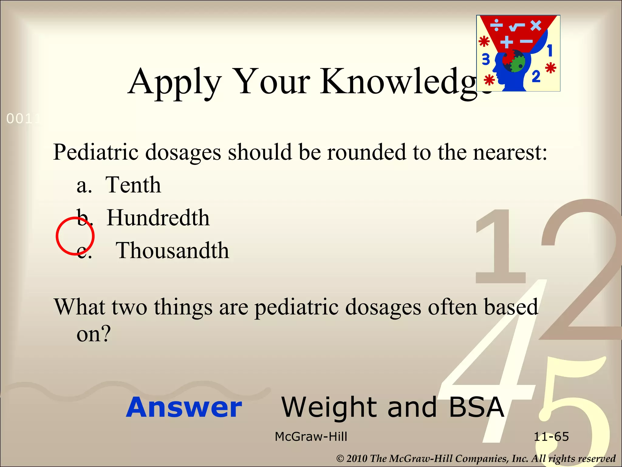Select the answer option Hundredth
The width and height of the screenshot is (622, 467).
click(x=158, y=218)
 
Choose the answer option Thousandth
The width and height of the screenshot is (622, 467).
click(x=172, y=251)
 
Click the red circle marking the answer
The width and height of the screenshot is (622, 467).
click(x=75, y=236)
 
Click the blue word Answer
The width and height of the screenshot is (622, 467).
click(x=184, y=407)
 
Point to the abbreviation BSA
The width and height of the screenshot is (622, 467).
click(x=476, y=407)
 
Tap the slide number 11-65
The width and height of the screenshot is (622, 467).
click(x=551, y=437)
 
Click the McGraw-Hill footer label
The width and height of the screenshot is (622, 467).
click(x=311, y=437)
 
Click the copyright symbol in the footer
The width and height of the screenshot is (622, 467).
click(x=340, y=458)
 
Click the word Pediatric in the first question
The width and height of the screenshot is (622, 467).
click(x=96, y=152)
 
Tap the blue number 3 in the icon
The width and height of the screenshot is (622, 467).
click(x=486, y=59)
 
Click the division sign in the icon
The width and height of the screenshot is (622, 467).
click(x=497, y=25)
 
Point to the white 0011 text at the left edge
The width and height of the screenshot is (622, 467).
click(x=23, y=119)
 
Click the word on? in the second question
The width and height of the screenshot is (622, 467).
click(x=94, y=334)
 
